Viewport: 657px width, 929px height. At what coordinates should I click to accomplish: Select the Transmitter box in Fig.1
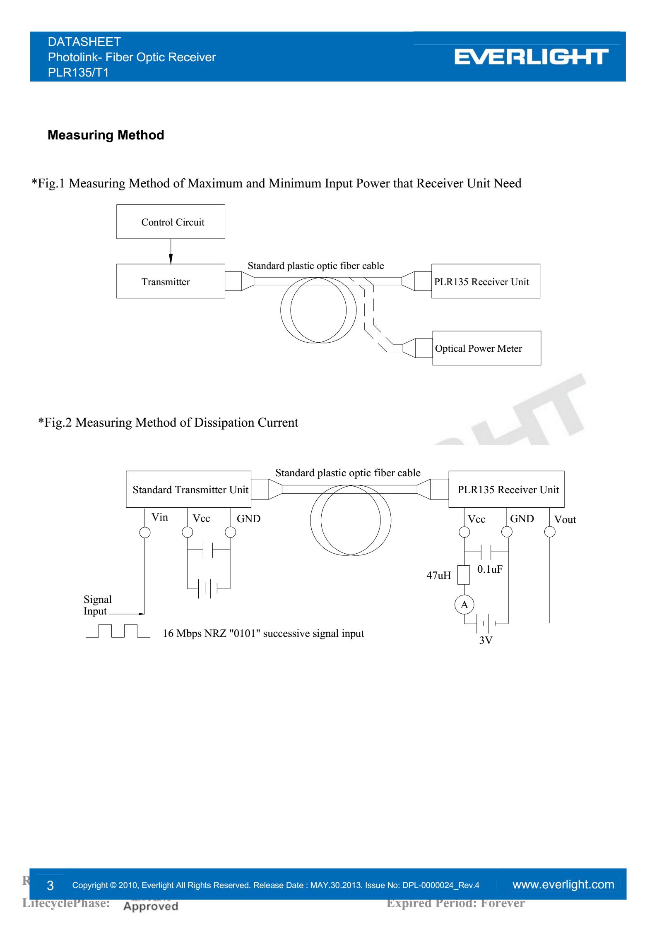click(x=171, y=281)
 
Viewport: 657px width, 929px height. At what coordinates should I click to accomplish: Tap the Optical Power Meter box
click(x=486, y=348)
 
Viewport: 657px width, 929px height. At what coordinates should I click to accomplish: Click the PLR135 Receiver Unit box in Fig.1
click(x=485, y=281)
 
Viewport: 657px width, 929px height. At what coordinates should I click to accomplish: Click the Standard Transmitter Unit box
click(x=188, y=489)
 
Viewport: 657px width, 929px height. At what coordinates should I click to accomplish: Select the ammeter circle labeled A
click(x=464, y=605)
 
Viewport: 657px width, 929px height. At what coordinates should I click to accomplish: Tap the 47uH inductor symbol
click(x=464, y=575)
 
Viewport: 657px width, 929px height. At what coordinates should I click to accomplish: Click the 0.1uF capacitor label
click(x=490, y=569)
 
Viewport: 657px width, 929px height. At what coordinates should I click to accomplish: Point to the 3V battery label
click(x=486, y=640)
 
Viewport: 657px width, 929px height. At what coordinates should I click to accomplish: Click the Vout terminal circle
click(x=549, y=532)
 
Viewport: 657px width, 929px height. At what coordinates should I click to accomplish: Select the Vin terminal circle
click(x=145, y=532)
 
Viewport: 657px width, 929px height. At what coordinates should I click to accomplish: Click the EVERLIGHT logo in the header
click(x=531, y=57)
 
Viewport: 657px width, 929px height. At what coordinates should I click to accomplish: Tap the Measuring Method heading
click(x=106, y=135)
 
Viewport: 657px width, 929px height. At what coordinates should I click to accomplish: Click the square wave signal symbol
click(x=118, y=630)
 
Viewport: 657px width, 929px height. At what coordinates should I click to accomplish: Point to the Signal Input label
click(x=98, y=605)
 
